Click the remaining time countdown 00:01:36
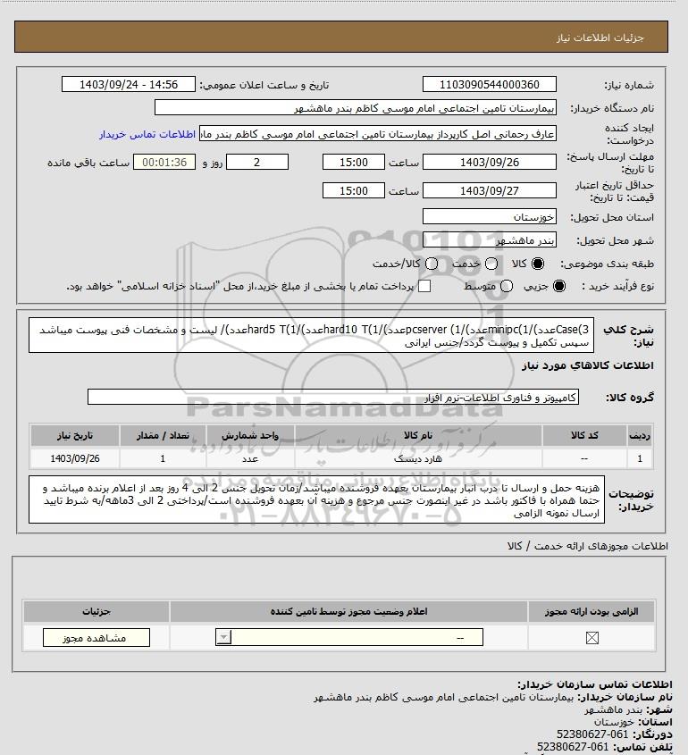[x=164, y=163]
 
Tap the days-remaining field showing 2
[x=257, y=163]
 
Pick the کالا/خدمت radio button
[x=432, y=265]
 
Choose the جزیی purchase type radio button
[x=560, y=286]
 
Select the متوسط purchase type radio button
[x=507, y=286]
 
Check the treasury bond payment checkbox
[x=425, y=286]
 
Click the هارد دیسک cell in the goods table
[x=417, y=458]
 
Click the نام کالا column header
[x=417, y=435]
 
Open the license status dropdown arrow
[x=222, y=638]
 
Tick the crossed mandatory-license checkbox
[x=592, y=638]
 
